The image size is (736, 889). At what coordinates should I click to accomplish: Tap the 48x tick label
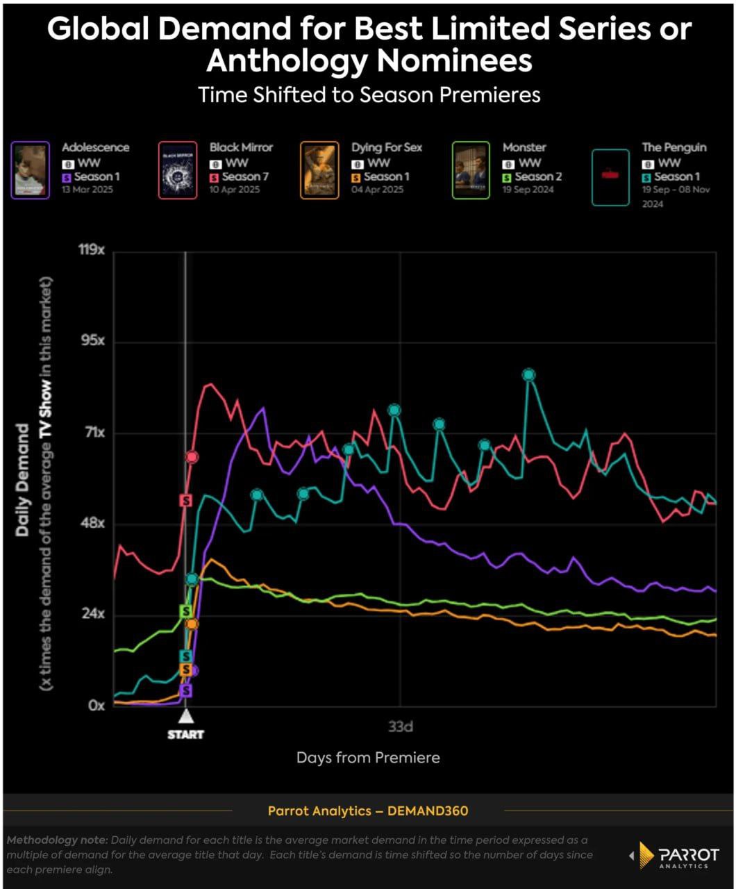pos(92,523)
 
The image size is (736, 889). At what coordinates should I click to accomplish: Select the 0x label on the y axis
pos(96,705)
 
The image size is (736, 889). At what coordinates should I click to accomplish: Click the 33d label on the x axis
pos(401,727)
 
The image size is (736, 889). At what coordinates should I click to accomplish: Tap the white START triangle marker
pos(185,716)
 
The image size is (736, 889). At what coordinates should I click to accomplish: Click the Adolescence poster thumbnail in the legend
pos(31,170)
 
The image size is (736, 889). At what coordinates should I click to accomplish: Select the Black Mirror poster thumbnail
pos(178,170)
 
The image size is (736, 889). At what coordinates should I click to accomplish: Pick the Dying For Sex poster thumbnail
pos(319,170)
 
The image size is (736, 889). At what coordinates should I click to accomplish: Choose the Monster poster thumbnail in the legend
pos(470,170)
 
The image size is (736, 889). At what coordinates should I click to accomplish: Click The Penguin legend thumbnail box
pos(610,176)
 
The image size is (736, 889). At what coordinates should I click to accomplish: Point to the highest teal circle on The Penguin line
pos(529,375)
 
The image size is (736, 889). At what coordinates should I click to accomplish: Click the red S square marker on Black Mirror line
pos(185,500)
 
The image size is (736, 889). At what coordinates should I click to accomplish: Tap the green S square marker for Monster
pos(185,611)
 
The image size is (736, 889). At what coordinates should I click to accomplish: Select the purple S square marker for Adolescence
pos(185,690)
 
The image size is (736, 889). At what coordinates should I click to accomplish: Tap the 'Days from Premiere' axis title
pos(368,757)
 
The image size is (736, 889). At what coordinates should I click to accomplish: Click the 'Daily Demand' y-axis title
pos(22,479)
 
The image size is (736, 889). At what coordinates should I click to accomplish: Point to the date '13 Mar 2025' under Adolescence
pos(87,189)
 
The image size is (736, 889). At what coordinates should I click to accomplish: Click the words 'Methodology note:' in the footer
pos(57,840)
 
